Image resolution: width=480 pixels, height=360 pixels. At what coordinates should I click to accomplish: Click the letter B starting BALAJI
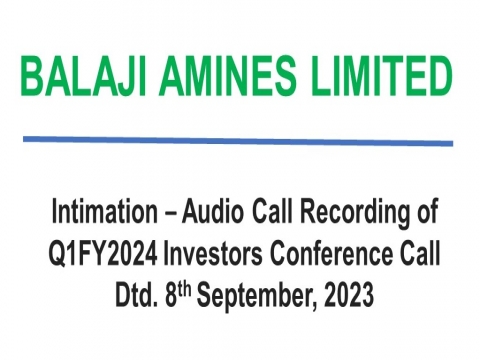point(33,75)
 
